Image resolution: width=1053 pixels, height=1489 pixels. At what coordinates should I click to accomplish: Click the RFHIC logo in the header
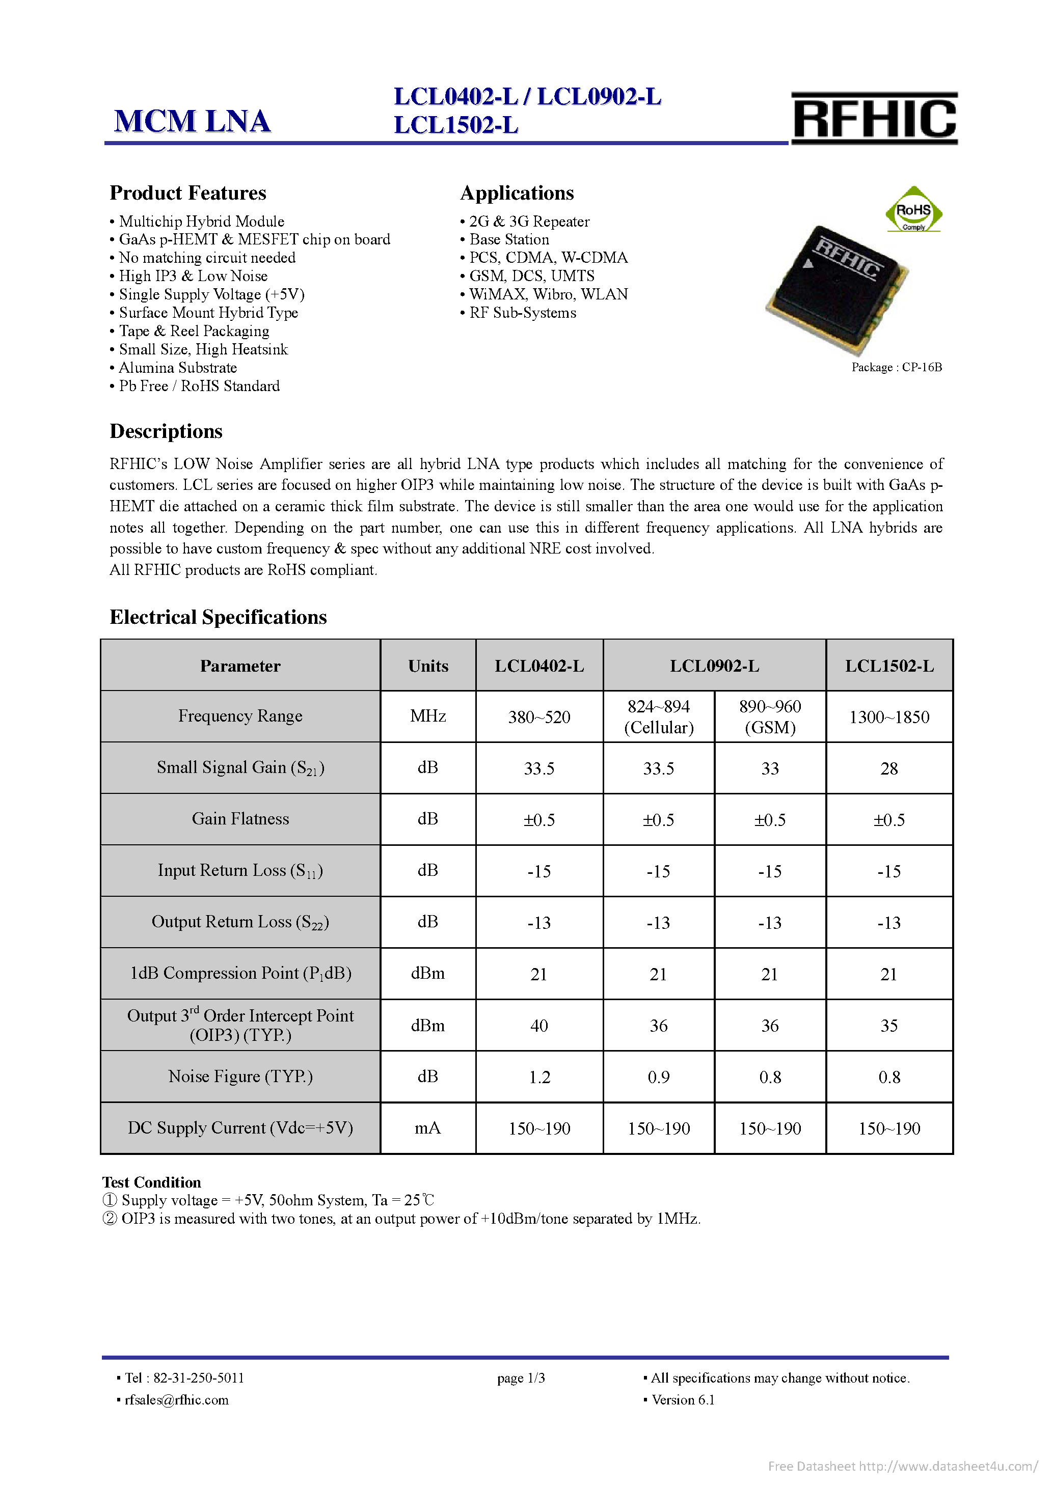pyautogui.click(x=873, y=118)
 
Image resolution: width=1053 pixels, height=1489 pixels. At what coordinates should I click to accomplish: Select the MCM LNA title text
pyautogui.click(x=192, y=121)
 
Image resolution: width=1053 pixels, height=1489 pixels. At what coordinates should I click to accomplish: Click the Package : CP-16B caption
pyautogui.click(x=896, y=367)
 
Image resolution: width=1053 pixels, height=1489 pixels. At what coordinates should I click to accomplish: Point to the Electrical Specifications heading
pyautogui.click(x=218, y=617)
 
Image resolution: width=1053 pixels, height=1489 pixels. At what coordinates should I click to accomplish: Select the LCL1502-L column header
pyautogui.click(x=889, y=666)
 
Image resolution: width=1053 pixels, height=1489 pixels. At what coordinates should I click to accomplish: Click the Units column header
pyautogui.click(x=427, y=666)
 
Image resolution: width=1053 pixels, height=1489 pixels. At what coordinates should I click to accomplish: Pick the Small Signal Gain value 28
pyautogui.click(x=889, y=768)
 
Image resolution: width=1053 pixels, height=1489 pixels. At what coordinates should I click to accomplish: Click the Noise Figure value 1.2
pyautogui.click(x=538, y=1077)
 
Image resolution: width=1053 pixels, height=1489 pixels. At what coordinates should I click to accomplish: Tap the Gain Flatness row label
pyautogui.click(x=240, y=819)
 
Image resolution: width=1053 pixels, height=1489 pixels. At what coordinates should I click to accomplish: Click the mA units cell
pyautogui.click(x=427, y=1128)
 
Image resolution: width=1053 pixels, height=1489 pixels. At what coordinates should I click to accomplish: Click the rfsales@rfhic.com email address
pyautogui.click(x=176, y=1399)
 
